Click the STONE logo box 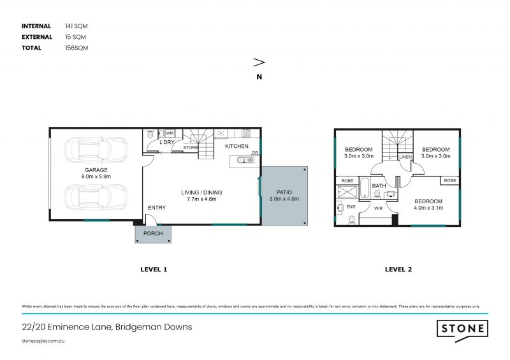[x=463, y=329]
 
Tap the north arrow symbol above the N [x=259, y=62]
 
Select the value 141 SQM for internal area [x=76, y=26]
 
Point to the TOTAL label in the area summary [x=32, y=48]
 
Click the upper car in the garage [x=96, y=151]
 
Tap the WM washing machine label [x=170, y=133]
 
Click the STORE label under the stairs [x=191, y=148]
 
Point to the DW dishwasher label [x=255, y=152]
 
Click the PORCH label [x=153, y=234]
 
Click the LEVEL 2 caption [x=398, y=270]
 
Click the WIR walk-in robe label [x=377, y=208]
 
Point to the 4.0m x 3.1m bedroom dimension [x=427, y=208]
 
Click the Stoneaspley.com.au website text [x=44, y=341]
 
